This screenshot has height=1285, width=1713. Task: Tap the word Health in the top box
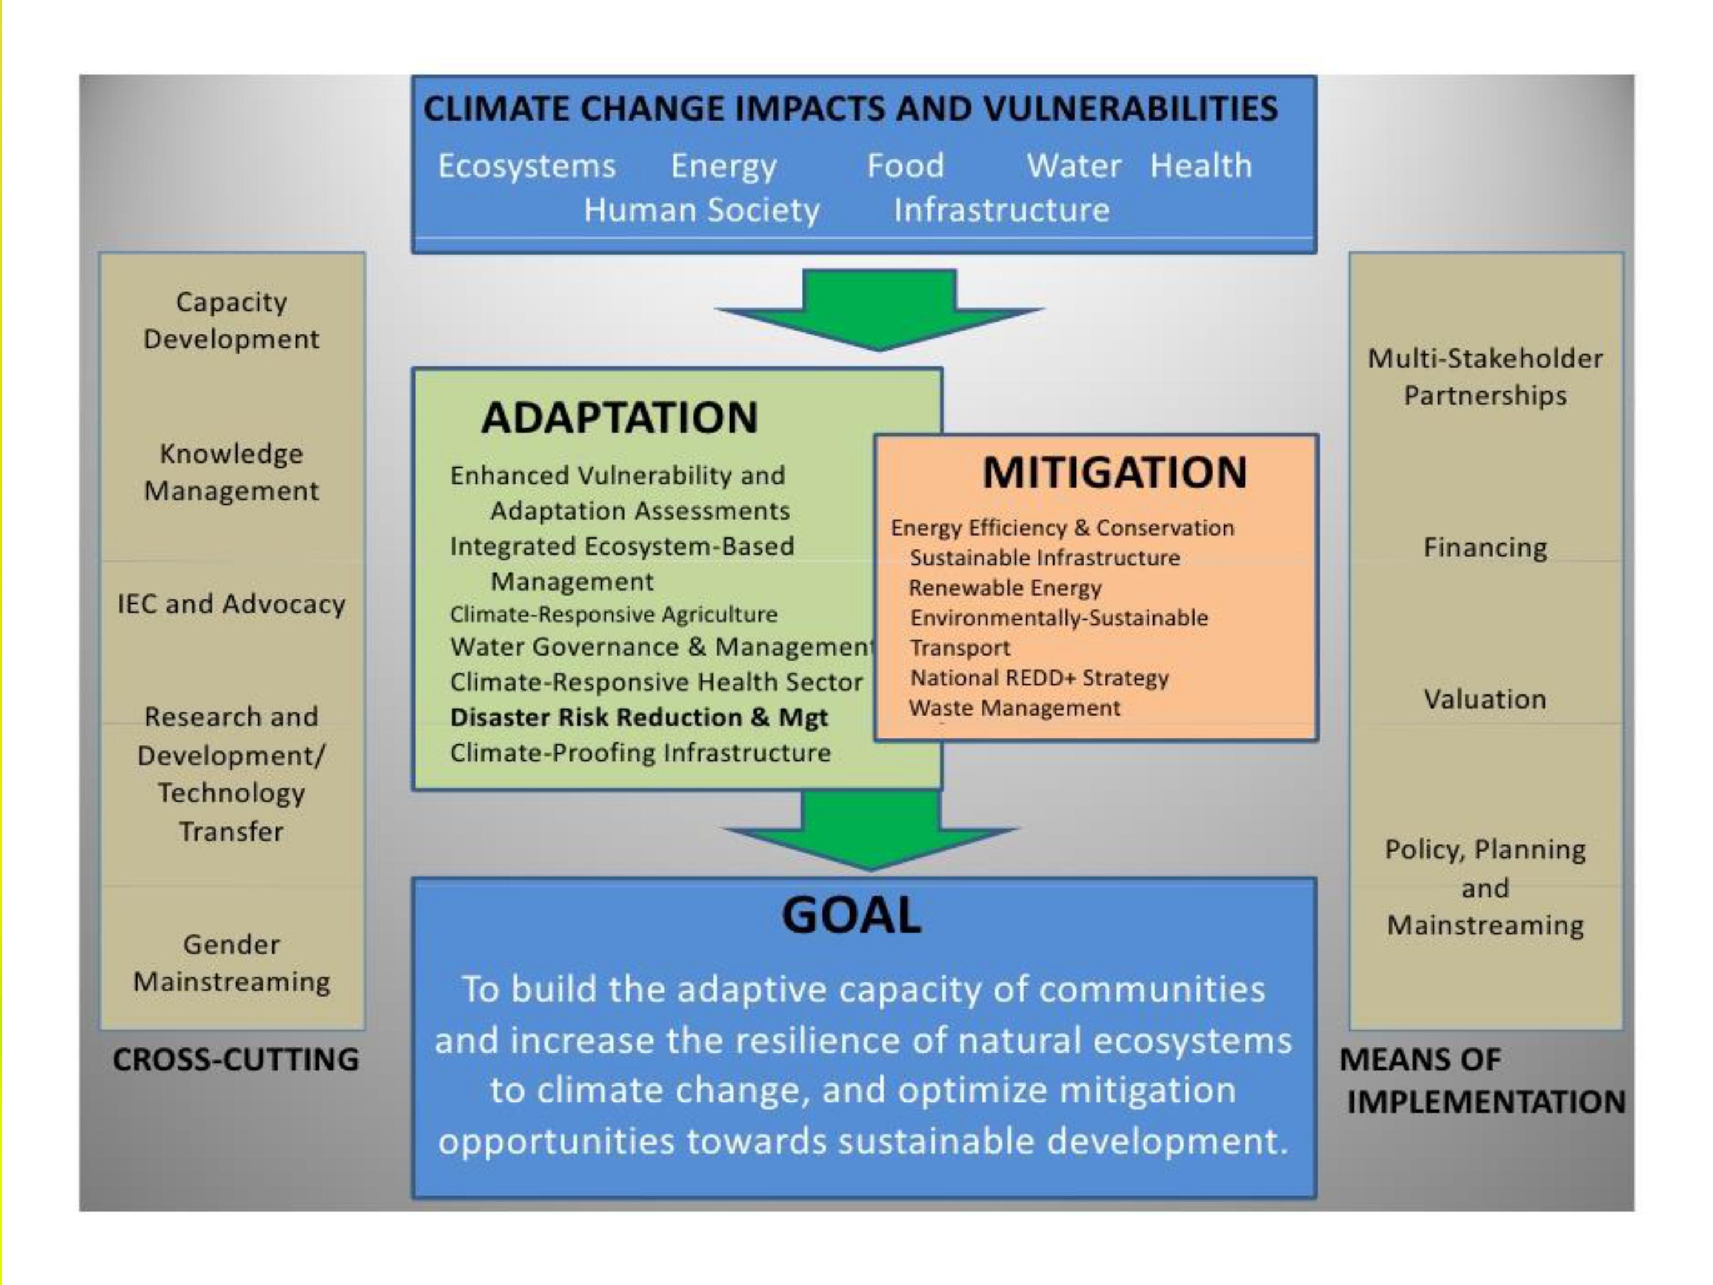pyautogui.click(x=1200, y=166)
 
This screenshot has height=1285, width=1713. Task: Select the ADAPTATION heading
pyautogui.click(x=620, y=417)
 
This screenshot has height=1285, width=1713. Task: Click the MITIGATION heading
pyautogui.click(x=1115, y=472)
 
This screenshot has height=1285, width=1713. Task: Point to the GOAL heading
pyautogui.click(x=852, y=915)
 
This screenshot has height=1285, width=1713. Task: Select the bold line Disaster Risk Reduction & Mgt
pyautogui.click(x=639, y=718)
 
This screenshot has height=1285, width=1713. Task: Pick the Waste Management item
pyautogui.click(x=1015, y=708)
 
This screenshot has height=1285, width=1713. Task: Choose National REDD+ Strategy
pyautogui.click(x=1039, y=678)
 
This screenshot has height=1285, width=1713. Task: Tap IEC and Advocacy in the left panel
pyautogui.click(x=232, y=604)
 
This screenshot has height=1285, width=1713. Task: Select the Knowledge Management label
pyautogui.click(x=232, y=472)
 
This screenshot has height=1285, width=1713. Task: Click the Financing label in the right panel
pyautogui.click(x=1485, y=548)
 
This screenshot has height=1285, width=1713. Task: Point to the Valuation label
pyautogui.click(x=1485, y=700)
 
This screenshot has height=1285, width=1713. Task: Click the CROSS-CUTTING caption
pyautogui.click(x=236, y=1059)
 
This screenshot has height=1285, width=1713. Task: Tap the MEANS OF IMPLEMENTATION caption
pyautogui.click(x=1483, y=1081)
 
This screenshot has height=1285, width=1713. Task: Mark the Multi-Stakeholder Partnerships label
pyautogui.click(x=1485, y=377)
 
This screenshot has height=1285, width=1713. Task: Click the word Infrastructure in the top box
pyautogui.click(x=1002, y=211)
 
